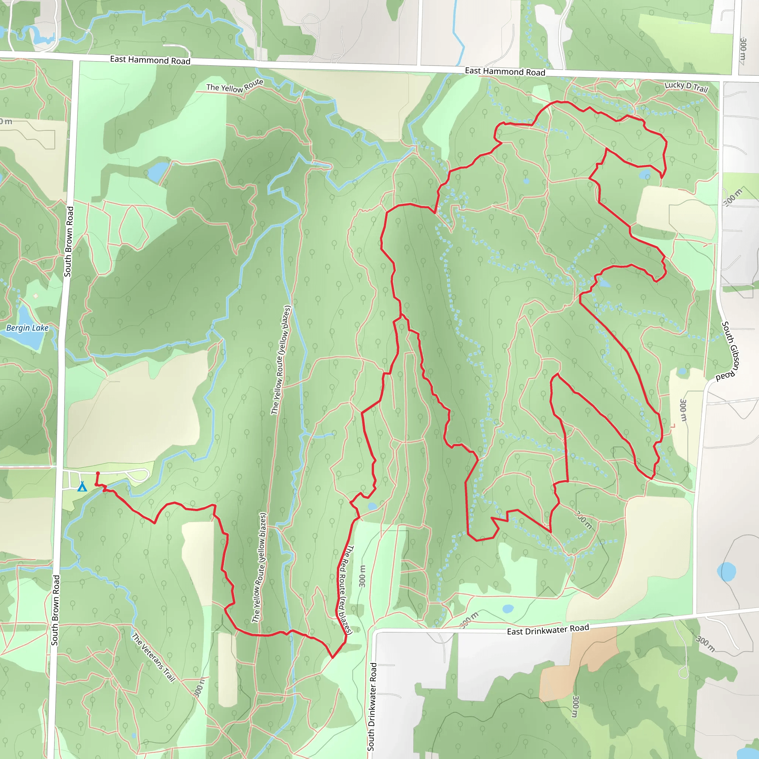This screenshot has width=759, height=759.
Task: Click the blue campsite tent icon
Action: [82, 487]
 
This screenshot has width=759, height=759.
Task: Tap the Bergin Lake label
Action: [27, 328]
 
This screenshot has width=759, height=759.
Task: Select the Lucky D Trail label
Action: [686, 86]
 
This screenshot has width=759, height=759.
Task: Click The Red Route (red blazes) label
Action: [345, 590]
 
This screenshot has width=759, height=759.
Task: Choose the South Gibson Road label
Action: [729, 351]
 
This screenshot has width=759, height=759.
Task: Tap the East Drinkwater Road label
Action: [548, 629]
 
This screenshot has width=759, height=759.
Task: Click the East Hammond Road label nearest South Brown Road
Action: [150, 60]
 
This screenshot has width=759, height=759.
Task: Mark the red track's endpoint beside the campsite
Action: [98, 473]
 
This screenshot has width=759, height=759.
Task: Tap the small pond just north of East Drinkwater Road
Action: [508, 609]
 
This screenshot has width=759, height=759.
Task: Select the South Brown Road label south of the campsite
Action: [55, 610]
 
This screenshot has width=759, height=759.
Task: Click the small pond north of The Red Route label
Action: [372, 506]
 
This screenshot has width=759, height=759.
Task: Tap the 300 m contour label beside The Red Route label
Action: [362, 576]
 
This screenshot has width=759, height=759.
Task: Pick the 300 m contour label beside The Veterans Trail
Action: [199, 687]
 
